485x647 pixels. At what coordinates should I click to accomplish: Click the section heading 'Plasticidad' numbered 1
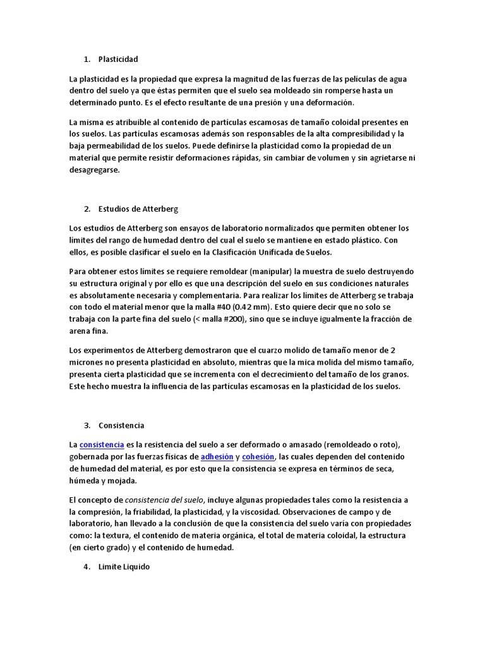tap(118, 59)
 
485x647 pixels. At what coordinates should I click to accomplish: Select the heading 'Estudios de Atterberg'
tap(139, 209)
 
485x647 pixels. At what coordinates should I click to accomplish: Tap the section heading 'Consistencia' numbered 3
tap(121, 425)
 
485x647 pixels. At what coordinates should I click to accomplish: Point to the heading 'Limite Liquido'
tap(124, 567)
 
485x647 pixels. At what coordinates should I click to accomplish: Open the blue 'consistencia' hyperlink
tap(102, 445)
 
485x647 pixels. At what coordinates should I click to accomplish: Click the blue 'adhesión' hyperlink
tap(217, 456)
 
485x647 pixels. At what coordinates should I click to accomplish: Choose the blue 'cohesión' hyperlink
tap(258, 456)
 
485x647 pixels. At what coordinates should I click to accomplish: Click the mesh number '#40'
tap(225, 307)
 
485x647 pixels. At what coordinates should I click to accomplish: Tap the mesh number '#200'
tap(237, 319)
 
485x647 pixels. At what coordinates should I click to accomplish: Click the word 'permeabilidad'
tap(110, 146)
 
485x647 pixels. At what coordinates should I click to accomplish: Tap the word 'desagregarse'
tap(94, 170)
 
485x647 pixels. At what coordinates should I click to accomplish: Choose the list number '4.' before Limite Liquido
tap(87, 567)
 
